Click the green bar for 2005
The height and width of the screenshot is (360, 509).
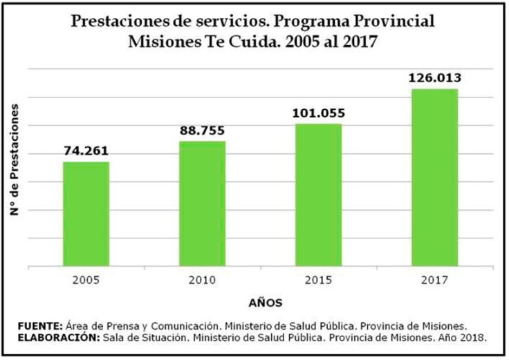86,214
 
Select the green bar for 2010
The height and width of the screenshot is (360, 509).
203,203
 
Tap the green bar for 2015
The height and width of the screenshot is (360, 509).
319,194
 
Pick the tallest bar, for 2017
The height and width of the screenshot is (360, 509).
435,177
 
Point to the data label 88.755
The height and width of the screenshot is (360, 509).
202,131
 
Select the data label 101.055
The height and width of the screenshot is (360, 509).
319,113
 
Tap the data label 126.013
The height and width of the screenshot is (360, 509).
435,78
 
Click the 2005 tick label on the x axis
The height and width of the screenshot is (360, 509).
86,281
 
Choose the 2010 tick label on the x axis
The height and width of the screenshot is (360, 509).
203,281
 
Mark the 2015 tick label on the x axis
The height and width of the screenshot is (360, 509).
319,281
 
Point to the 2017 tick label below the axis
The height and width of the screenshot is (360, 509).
435,281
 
